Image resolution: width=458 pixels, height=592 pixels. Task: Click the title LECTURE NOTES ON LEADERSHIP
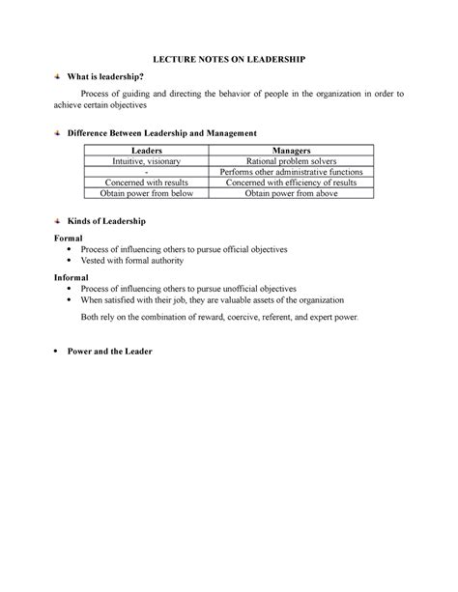point(229,60)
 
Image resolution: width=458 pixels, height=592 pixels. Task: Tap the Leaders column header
point(146,151)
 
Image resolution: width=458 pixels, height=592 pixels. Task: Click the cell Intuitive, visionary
point(146,161)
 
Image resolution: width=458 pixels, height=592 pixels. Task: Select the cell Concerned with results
point(146,183)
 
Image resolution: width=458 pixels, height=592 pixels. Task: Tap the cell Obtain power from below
point(146,193)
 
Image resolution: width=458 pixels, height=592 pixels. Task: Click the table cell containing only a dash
point(146,172)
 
